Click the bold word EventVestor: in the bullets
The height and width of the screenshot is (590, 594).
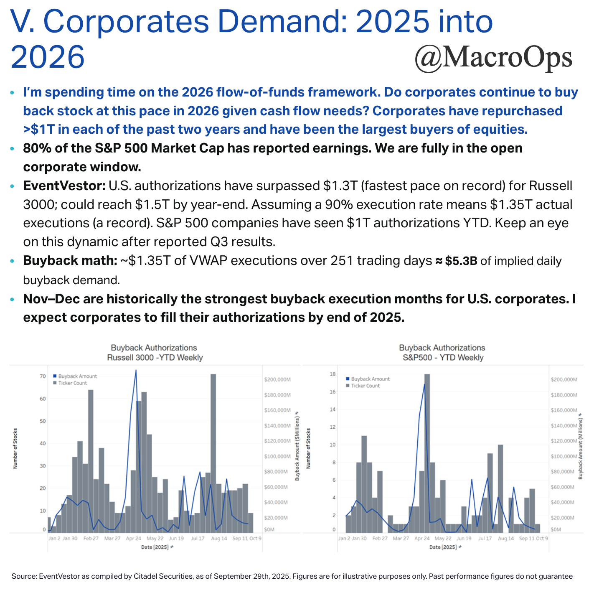pos(64,186)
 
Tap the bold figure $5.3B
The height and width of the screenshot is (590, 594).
pos(461,261)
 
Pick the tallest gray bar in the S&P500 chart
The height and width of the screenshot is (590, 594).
pos(427,453)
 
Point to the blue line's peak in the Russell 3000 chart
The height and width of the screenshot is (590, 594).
pos(136,370)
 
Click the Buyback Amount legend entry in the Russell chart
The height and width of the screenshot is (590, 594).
pos(77,376)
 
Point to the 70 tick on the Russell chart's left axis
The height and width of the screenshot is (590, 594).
pos(43,376)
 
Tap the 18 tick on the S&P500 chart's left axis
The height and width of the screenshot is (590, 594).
pos(333,374)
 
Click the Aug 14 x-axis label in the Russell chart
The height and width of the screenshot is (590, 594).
pos(219,539)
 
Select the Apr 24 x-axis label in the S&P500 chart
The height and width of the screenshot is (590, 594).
pos(421,539)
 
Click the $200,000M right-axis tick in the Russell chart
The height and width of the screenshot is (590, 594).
pos(277,379)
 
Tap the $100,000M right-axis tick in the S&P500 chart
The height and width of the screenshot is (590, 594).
pos(564,456)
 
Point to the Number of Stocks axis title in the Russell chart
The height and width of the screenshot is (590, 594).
pos(15,448)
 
